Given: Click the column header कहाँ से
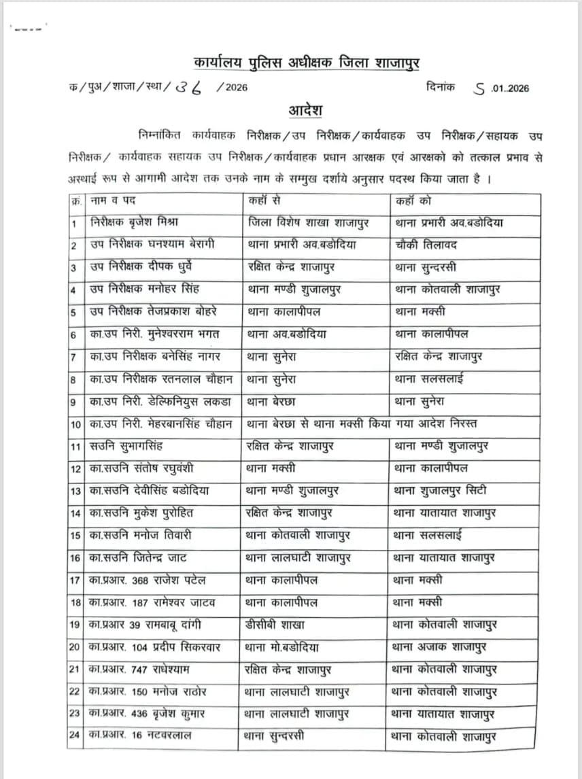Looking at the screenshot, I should tap(266, 201).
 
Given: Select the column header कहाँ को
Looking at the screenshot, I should tap(413, 201).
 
